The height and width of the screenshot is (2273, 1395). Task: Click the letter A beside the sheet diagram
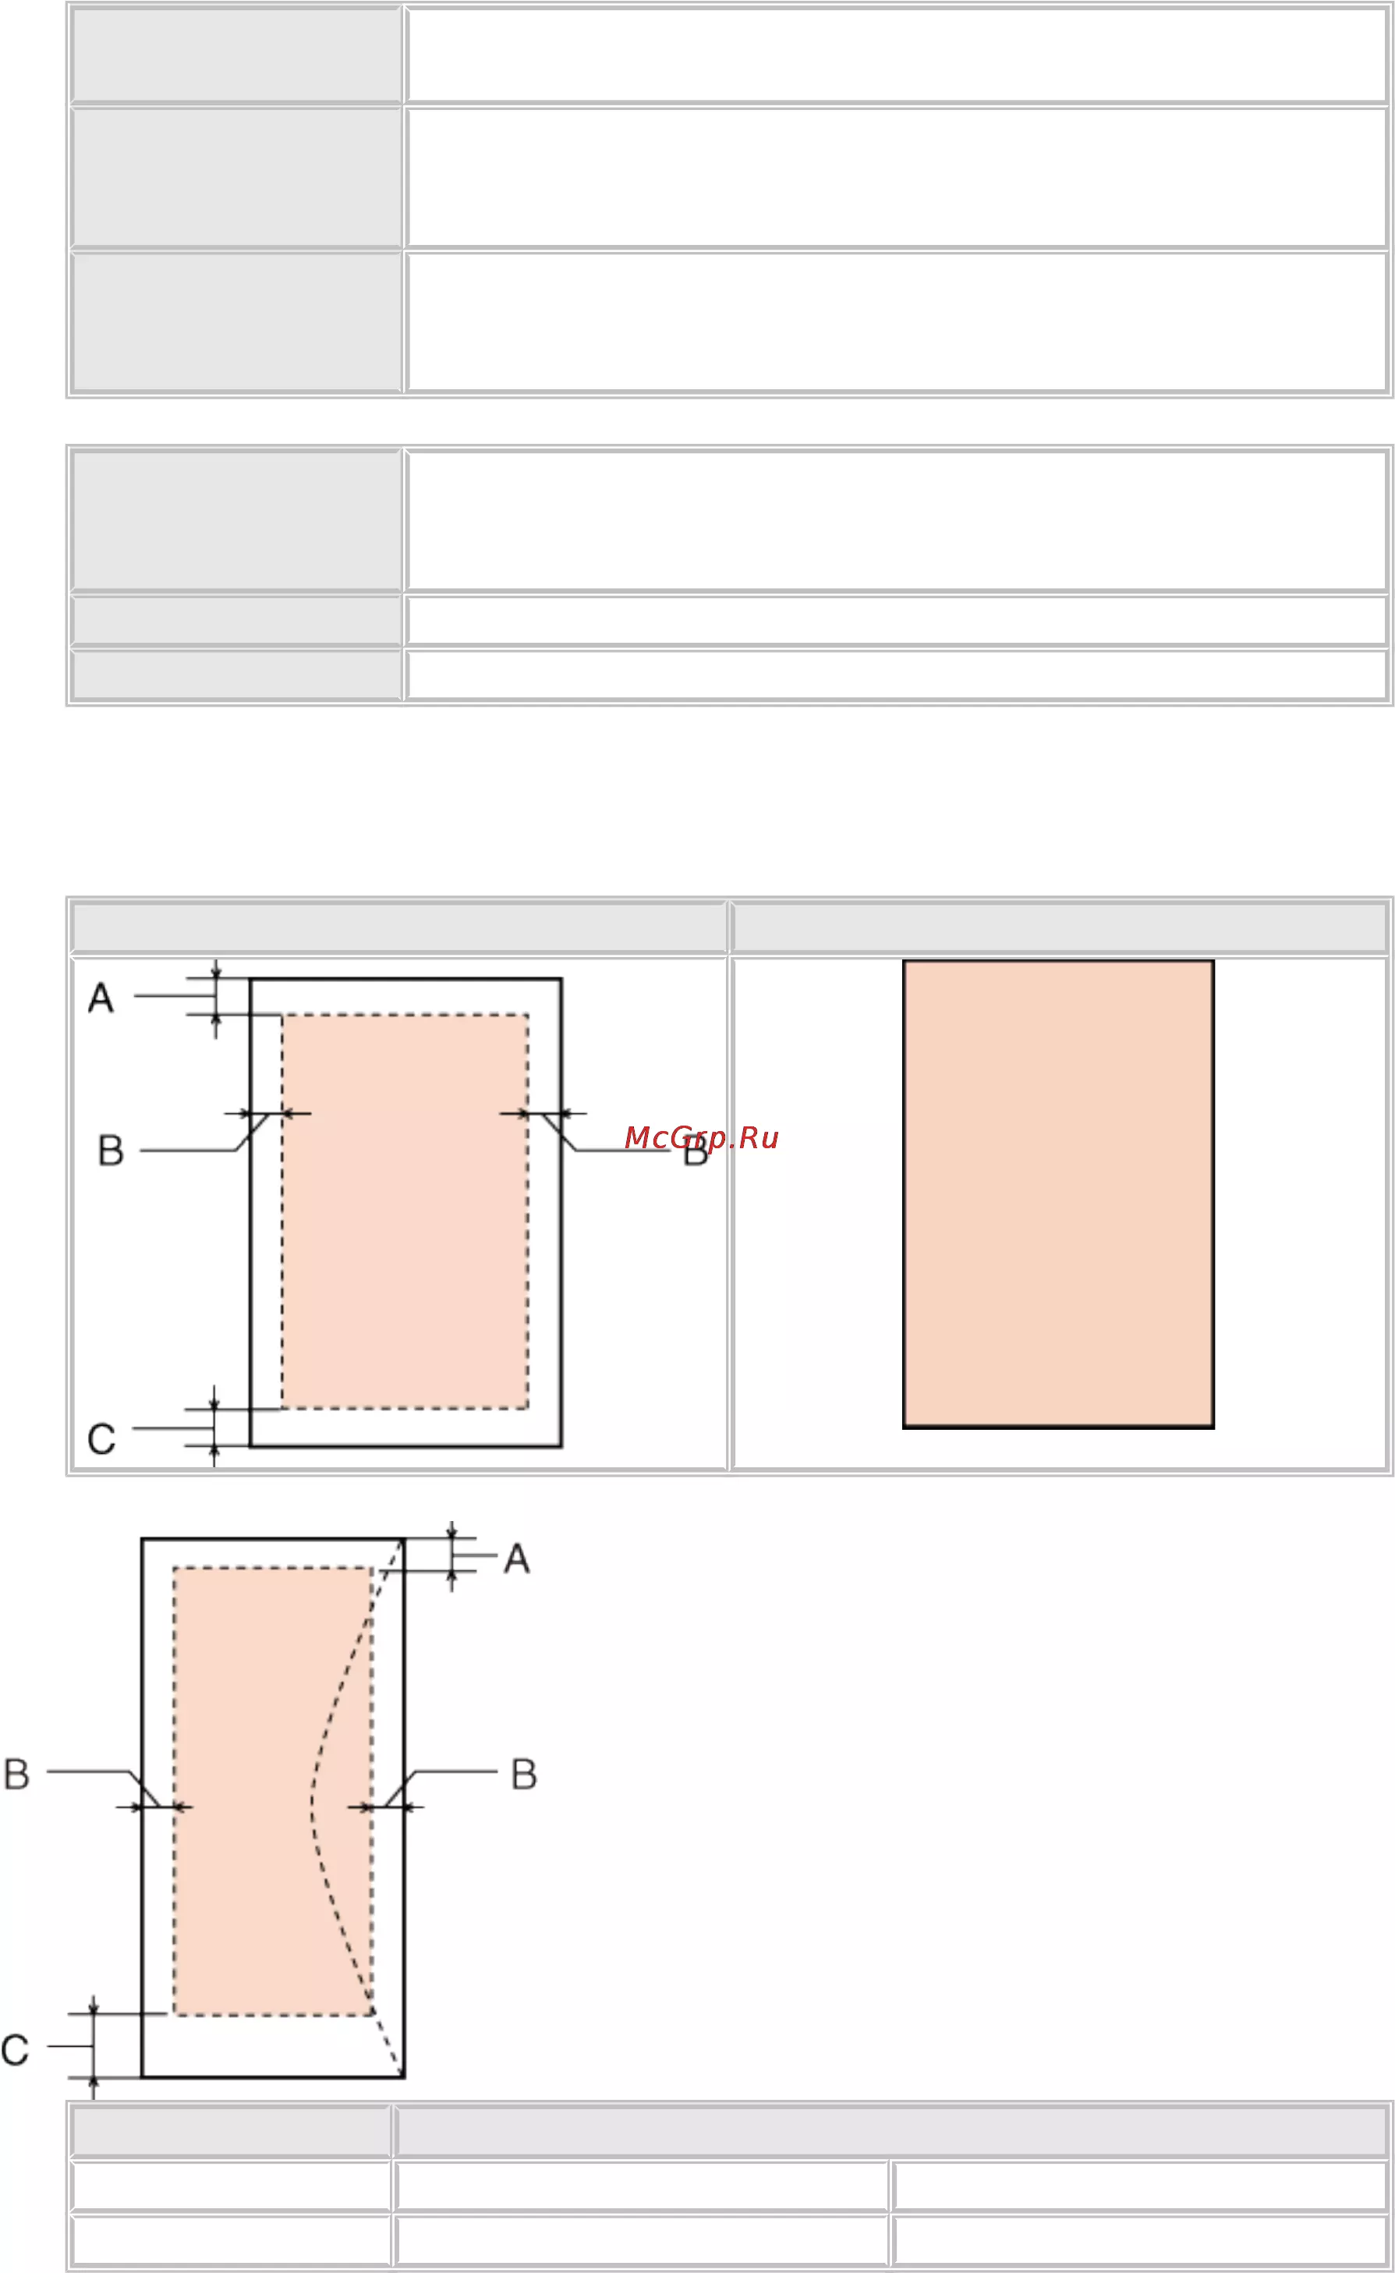point(101,998)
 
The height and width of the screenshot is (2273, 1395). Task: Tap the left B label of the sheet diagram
point(111,1151)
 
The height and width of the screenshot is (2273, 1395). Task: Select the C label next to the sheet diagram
point(101,1438)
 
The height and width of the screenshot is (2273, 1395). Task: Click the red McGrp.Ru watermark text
point(701,1138)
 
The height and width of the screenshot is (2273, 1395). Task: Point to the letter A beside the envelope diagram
point(517,1558)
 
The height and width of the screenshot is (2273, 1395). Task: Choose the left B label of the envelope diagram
point(16,1774)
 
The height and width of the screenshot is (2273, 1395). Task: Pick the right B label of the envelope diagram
point(524,1774)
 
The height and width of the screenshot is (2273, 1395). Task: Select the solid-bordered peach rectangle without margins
point(1058,1194)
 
